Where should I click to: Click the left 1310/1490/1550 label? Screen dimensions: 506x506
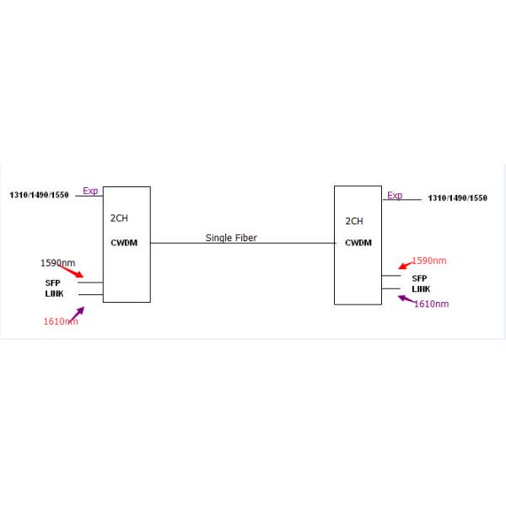(x=39, y=195)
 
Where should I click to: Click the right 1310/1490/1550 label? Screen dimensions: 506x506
(x=458, y=198)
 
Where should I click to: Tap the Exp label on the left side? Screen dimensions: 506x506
(x=90, y=191)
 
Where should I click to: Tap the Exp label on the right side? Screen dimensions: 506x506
(x=395, y=196)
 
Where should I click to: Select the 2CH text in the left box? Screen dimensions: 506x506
(x=120, y=218)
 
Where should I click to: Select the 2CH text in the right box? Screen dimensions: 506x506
(x=354, y=222)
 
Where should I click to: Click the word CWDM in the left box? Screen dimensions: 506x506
(x=123, y=243)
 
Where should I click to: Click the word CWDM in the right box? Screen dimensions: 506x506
(x=358, y=243)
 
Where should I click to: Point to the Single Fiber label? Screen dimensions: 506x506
(x=231, y=239)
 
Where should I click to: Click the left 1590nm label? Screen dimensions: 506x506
(x=57, y=263)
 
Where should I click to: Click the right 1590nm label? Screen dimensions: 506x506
(x=429, y=261)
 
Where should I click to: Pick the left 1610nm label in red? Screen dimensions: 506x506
(x=61, y=321)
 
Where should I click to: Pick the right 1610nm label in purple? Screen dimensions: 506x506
(x=431, y=304)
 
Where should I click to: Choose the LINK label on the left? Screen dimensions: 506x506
(x=55, y=293)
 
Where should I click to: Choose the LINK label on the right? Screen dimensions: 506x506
(x=421, y=289)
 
